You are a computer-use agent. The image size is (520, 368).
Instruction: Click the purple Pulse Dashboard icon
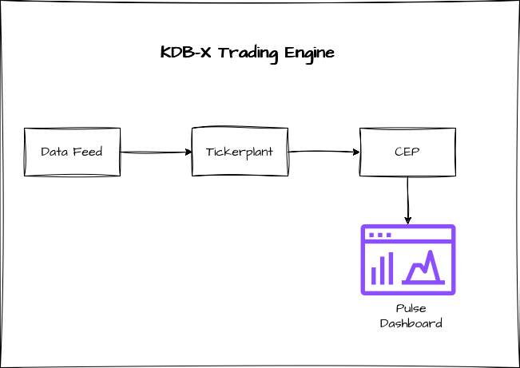[x=407, y=259]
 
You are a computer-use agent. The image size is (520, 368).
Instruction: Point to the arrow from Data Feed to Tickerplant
[x=156, y=152]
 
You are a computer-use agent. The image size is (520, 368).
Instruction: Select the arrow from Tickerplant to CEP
[x=324, y=152]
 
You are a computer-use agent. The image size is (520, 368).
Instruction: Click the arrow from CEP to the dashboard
[x=407, y=200]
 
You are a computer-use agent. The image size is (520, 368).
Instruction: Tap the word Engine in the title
[x=307, y=53]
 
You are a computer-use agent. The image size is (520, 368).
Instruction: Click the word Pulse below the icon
[x=411, y=308]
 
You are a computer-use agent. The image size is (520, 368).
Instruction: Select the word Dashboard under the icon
[x=411, y=323]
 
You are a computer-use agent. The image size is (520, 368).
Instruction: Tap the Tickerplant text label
[x=239, y=152]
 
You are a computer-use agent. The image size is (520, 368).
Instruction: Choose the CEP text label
[x=407, y=152]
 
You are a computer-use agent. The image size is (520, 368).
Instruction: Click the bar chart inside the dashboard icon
[x=382, y=270]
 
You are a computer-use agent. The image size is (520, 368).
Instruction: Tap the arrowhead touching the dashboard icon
[x=407, y=220]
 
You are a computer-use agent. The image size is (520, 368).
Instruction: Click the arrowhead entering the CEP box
[x=356, y=152]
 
